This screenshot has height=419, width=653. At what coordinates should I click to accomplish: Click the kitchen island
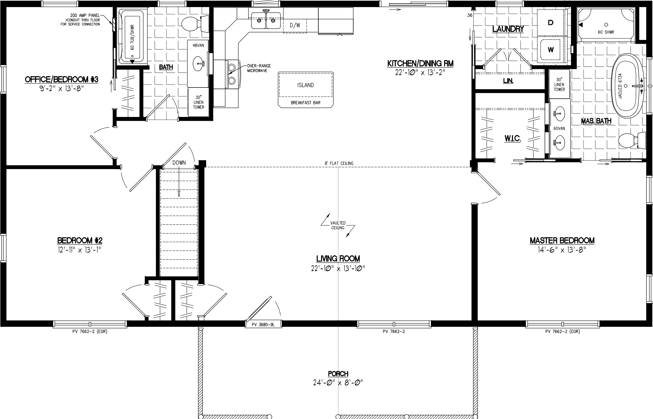tap(305, 89)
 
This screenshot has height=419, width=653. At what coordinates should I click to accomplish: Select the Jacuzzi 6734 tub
tap(627, 86)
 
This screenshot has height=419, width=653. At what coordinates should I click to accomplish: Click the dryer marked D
tap(551, 23)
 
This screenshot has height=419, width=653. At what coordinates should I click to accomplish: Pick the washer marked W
tap(551, 50)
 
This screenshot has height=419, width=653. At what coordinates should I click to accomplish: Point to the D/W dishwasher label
tap(295, 25)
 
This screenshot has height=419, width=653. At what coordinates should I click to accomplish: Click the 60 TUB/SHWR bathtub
tap(132, 37)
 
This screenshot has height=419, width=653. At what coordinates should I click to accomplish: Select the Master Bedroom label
tap(562, 241)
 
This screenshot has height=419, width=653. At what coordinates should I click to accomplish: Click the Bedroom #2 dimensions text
tap(80, 250)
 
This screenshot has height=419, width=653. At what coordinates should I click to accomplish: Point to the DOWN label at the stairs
tap(179, 163)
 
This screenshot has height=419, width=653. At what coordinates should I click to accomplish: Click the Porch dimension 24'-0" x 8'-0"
tap(338, 383)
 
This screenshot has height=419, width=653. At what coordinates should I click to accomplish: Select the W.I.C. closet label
tap(512, 138)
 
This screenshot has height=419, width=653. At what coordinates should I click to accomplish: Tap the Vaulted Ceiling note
tap(338, 225)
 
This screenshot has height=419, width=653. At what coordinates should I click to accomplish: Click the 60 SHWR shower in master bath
tap(606, 27)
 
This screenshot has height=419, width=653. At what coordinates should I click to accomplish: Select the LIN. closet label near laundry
tap(508, 81)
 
